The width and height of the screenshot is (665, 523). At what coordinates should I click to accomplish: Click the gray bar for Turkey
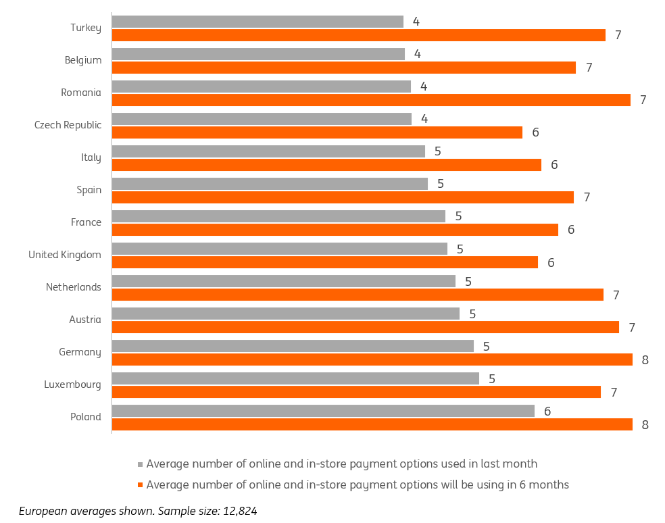(258, 22)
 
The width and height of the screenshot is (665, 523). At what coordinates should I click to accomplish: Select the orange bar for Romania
(371, 100)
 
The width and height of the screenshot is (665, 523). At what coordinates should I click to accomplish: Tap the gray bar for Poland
(323, 411)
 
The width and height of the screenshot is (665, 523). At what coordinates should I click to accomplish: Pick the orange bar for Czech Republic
(317, 132)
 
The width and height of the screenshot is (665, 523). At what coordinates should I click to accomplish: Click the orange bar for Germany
(372, 359)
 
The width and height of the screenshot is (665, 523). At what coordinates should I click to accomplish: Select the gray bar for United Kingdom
(280, 249)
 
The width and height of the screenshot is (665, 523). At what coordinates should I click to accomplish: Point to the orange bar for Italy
(326, 165)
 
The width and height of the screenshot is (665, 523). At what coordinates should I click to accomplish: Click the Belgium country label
(83, 60)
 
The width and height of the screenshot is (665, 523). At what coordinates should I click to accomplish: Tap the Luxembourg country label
(72, 384)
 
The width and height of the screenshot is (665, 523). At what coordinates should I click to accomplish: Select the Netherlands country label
(74, 287)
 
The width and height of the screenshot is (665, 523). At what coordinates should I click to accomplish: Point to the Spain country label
(89, 190)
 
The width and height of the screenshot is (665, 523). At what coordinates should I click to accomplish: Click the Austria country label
(85, 320)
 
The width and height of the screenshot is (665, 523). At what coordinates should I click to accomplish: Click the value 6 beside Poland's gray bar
(547, 411)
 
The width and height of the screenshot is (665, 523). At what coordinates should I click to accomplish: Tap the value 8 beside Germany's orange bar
(645, 360)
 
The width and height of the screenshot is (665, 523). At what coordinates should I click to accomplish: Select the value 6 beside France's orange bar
(571, 230)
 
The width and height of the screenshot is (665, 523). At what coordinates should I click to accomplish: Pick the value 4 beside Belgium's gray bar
(418, 54)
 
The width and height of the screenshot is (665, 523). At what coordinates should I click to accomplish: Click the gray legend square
(141, 464)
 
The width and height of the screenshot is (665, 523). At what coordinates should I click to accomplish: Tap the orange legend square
(141, 485)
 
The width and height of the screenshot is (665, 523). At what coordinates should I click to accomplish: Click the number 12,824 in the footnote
(240, 511)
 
